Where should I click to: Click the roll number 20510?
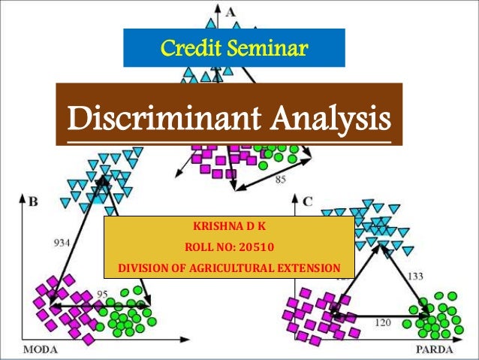coord(259,247)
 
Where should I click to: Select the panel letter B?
coord(33,201)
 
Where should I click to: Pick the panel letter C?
coord(308,201)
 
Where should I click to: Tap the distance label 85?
coord(280,180)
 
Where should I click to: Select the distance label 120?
coord(382,322)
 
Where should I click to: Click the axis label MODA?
coord(44,349)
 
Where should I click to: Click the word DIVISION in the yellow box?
coord(143,268)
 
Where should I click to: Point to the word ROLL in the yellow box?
coord(198,247)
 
